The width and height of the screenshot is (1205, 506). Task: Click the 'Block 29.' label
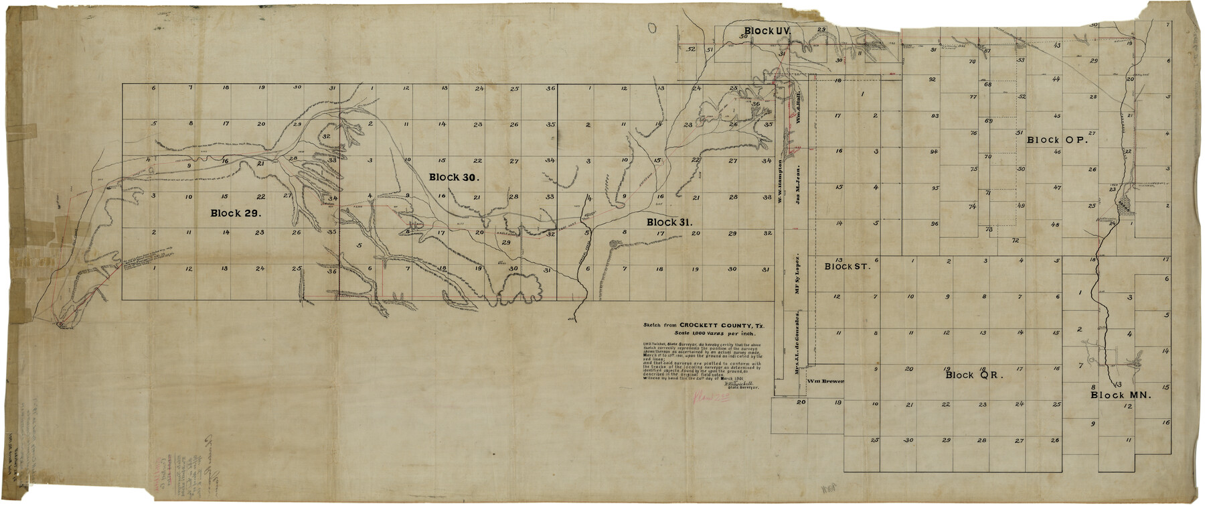click(230, 212)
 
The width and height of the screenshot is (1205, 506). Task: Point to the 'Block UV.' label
click(768, 31)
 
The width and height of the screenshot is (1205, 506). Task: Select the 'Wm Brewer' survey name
click(825, 381)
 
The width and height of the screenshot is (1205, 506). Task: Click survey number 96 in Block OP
click(934, 223)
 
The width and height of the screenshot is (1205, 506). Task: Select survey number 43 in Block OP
click(1056, 46)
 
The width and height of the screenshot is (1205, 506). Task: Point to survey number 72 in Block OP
click(1015, 240)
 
